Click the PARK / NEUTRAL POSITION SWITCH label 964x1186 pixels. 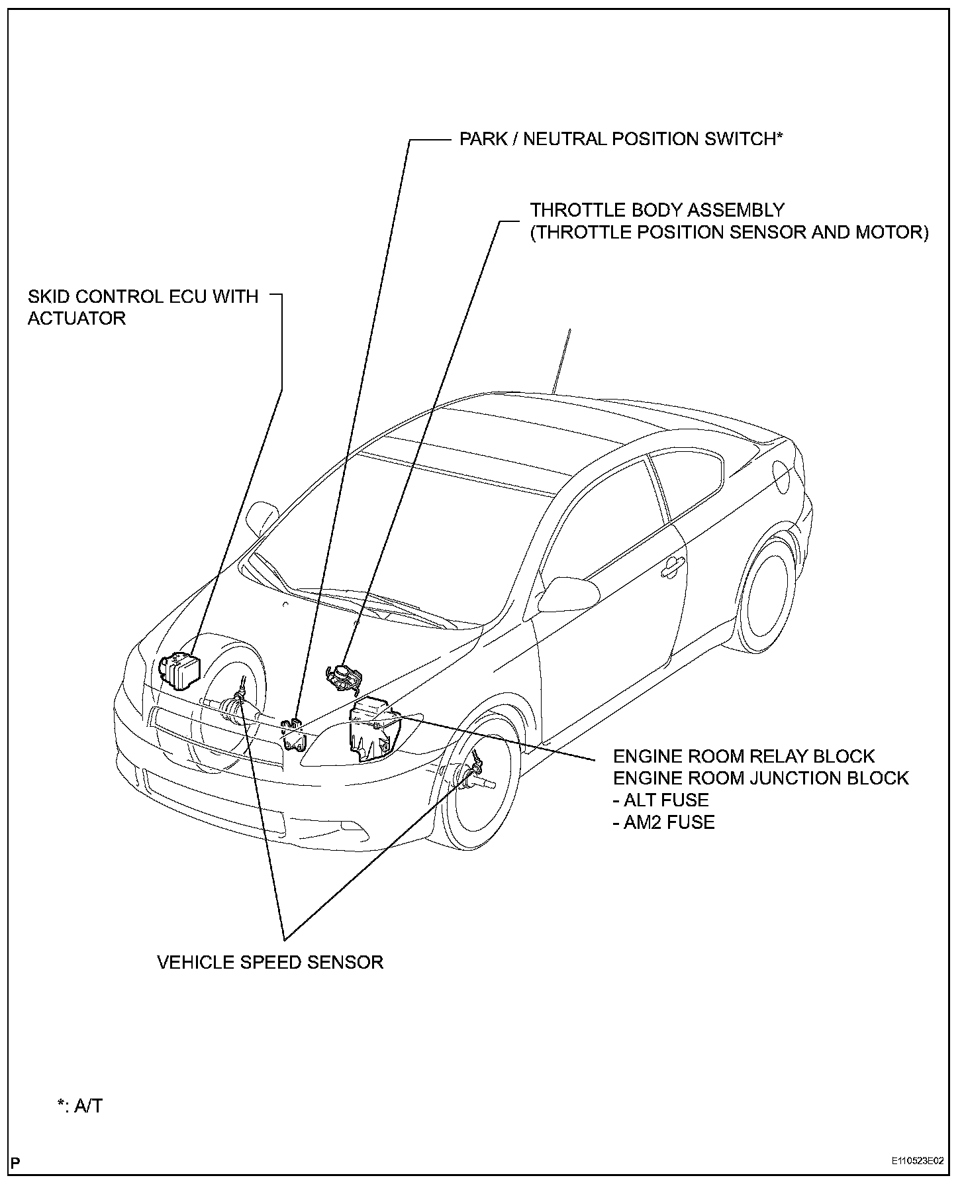point(621,139)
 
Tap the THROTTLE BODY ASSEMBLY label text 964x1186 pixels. point(657,211)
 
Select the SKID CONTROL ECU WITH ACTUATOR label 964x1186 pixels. point(143,307)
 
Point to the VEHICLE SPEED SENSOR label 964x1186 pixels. point(270,962)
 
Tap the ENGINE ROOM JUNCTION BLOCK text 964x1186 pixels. point(761,778)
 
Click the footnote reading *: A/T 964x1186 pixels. point(79,1105)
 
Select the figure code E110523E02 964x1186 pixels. point(917,1161)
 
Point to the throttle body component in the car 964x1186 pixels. point(344,677)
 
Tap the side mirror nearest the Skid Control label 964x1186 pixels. point(263,517)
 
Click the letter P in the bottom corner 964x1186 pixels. point(16,1161)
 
